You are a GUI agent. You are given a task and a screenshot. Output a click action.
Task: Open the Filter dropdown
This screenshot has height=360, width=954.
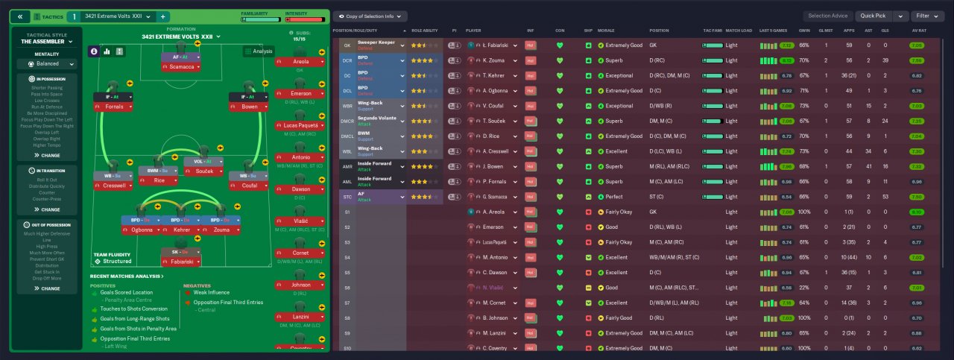tap(926, 16)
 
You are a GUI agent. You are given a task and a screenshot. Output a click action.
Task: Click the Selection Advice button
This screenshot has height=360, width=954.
tap(827, 16)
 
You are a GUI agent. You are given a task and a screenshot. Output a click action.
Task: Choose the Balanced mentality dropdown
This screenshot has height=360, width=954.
tap(48, 64)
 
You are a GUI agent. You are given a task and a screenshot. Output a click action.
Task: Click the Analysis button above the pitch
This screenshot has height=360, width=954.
tap(258, 51)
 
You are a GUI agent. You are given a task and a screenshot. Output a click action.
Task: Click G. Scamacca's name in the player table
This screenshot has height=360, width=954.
tap(496, 197)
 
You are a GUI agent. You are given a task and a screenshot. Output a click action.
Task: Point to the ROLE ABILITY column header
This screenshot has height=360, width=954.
tap(425, 31)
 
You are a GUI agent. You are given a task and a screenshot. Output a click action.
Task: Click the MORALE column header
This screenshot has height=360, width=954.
tap(606, 31)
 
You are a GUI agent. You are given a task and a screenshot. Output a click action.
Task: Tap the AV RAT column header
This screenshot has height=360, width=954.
tap(918, 31)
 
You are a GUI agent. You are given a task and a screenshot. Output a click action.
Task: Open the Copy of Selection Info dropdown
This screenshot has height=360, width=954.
tap(370, 16)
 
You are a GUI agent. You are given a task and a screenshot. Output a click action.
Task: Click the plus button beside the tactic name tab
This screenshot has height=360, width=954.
tap(163, 16)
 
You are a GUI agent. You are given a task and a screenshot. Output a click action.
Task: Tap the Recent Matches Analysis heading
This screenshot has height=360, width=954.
tap(126, 277)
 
